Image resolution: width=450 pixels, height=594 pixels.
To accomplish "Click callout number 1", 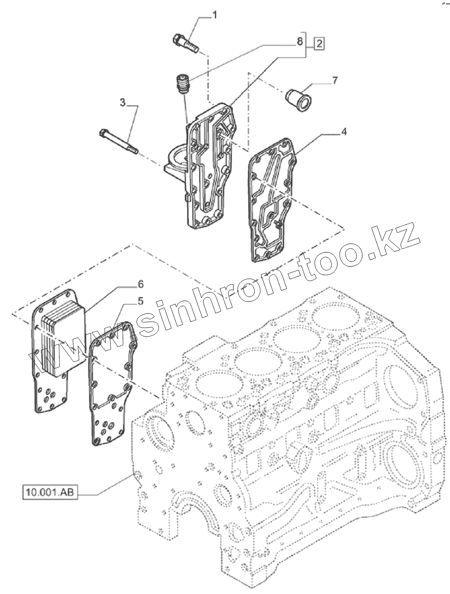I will click(214, 16).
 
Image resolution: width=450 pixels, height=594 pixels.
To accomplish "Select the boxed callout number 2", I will click(319, 44).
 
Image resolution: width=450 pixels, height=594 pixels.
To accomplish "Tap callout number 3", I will click(123, 103).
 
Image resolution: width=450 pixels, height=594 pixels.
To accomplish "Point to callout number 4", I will click(344, 132).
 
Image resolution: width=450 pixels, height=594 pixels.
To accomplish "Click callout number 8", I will click(300, 42).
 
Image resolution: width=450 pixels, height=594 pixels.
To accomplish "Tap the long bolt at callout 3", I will click(119, 141).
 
